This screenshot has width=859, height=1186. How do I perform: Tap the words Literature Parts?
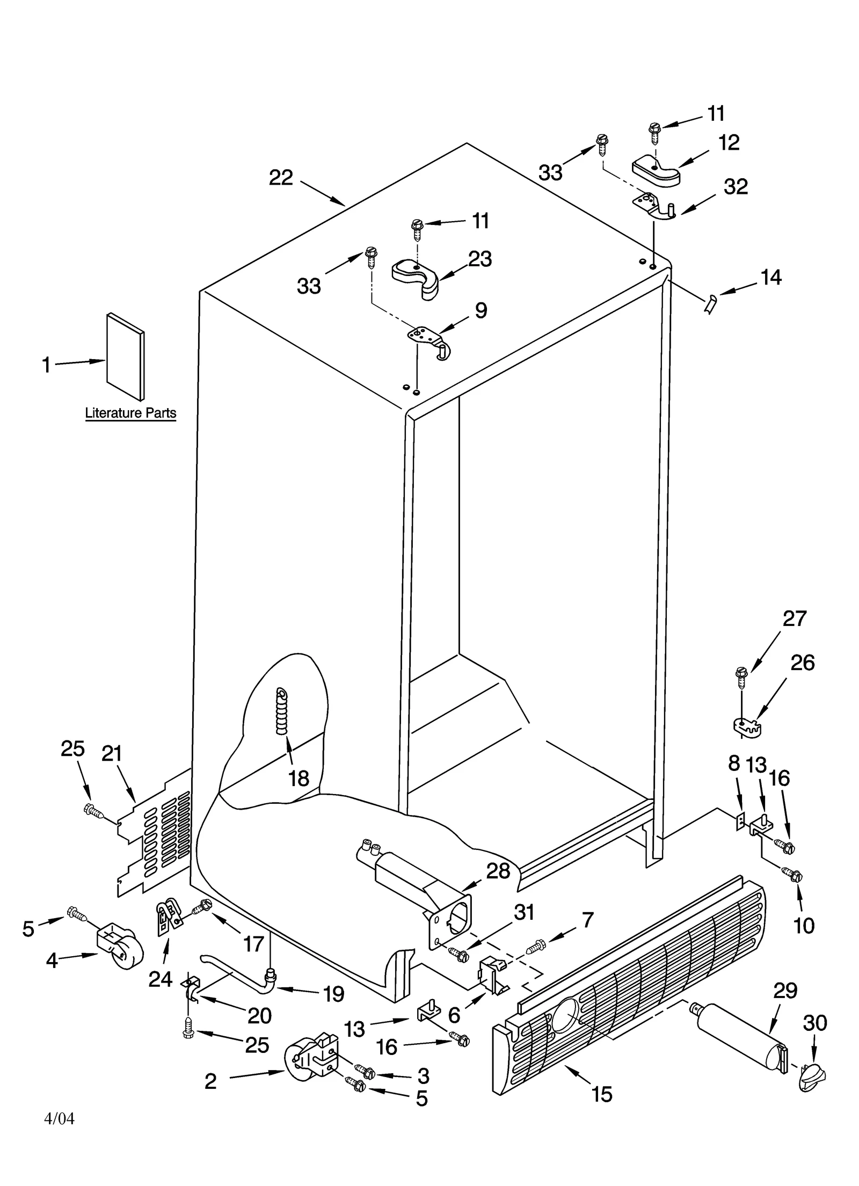(130, 413)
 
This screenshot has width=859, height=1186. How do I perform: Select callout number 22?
(281, 178)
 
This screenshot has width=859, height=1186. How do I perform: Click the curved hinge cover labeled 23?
(417, 274)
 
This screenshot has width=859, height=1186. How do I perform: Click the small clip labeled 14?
(710, 304)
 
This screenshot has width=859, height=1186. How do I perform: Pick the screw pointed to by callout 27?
(741, 678)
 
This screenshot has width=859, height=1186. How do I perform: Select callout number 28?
(497, 871)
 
